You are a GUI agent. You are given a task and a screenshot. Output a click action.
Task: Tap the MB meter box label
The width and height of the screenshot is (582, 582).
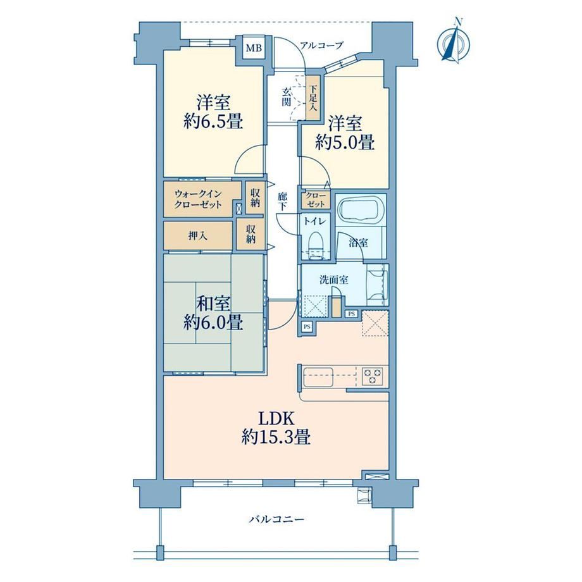pyautogui.click(x=254, y=48)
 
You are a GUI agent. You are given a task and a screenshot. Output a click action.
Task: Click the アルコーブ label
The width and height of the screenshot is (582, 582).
pyautogui.click(x=321, y=46)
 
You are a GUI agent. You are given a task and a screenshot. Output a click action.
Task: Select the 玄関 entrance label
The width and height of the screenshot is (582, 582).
pyautogui.click(x=286, y=97)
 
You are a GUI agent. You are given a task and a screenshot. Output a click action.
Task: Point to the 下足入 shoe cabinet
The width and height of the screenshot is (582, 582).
pyautogui.click(x=314, y=98)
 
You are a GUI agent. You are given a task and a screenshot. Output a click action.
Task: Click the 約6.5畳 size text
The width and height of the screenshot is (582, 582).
pyautogui.click(x=213, y=121)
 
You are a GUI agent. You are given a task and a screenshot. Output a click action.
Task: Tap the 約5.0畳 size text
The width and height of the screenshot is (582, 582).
pyautogui.click(x=345, y=142)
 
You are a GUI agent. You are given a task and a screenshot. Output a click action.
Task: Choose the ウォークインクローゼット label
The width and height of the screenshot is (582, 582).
pyautogui.click(x=198, y=199)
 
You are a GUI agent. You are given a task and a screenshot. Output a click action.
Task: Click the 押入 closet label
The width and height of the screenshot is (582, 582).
pyautogui.click(x=197, y=235)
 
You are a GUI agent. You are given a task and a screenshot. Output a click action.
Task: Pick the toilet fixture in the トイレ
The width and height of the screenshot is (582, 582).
pyautogui.click(x=315, y=243)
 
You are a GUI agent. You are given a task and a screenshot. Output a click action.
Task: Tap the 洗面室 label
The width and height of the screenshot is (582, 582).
pyautogui.click(x=333, y=280)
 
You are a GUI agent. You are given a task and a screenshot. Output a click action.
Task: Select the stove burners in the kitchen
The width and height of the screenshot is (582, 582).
pyautogui.click(x=372, y=376)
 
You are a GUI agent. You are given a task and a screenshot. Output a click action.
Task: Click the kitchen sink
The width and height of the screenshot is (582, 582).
pyautogui.click(x=318, y=377)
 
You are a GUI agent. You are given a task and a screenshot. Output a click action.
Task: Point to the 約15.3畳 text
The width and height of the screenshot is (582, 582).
pyautogui.click(x=276, y=437)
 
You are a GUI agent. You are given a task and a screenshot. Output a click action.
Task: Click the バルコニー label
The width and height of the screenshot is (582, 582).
pyautogui.click(x=276, y=519)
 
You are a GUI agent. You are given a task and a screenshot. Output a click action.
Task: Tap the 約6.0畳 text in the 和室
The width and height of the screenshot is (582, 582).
pyautogui.click(x=213, y=322)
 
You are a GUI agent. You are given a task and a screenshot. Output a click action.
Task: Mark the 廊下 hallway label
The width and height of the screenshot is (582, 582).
pyautogui.click(x=282, y=202)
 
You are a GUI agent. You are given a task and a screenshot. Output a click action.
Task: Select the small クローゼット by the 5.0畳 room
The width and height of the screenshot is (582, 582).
pyautogui.click(x=316, y=200)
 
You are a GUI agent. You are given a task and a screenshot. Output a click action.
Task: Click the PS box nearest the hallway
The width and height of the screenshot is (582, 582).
pyautogui.click(x=307, y=327)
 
